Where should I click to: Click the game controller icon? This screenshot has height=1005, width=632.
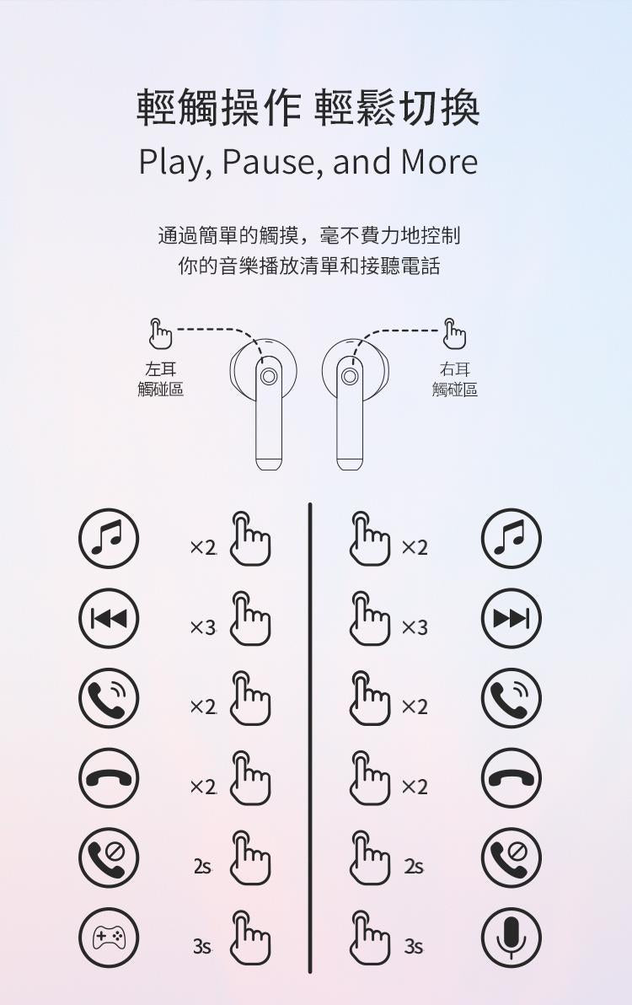(109, 937)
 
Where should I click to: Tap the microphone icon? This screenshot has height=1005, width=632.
(511, 937)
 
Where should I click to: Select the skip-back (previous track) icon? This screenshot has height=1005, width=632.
(109, 618)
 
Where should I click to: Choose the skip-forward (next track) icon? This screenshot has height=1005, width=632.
(511, 618)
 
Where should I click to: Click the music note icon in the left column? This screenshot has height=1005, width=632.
(109, 539)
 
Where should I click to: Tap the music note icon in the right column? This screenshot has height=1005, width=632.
(511, 539)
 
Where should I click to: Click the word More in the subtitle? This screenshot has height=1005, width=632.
(439, 162)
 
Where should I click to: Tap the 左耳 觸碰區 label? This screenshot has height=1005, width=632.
(161, 379)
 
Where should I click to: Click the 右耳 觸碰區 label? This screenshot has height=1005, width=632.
(455, 379)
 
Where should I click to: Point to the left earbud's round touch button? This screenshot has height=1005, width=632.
(268, 376)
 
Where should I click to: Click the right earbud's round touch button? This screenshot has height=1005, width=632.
(350, 376)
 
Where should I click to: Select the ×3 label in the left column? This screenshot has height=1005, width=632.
(203, 627)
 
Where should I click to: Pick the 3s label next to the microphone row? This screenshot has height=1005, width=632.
(414, 946)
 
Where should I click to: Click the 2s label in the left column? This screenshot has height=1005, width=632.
(202, 867)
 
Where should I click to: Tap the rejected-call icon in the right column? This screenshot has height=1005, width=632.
(511, 857)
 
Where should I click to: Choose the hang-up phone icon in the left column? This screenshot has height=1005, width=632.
(109, 778)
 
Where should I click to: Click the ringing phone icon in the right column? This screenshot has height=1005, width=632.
(511, 698)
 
